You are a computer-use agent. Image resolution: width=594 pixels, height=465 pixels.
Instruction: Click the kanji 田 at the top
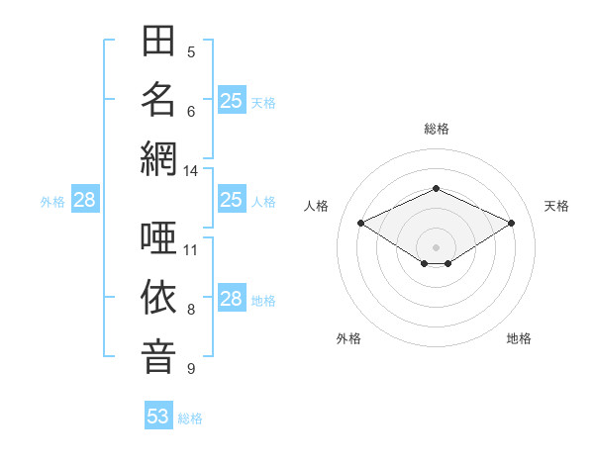pyautogui.click(x=158, y=41)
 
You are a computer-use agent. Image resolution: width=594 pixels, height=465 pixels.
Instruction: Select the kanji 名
pyautogui.click(x=158, y=100)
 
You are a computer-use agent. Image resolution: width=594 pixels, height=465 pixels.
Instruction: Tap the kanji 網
pyautogui.click(x=158, y=158)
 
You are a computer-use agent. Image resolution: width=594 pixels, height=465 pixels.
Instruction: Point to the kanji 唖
pyautogui.click(x=158, y=237)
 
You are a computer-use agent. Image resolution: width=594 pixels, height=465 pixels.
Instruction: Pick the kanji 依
pyautogui.click(x=158, y=297)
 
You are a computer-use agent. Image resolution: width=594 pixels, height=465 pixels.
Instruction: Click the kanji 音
pyautogui.click(x=158, y=357)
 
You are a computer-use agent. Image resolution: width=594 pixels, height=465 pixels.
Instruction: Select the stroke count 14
pyautogui.click(x=190, y=171)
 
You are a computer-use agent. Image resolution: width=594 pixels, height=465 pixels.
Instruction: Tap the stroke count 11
pyautogui.click(x=190, y=250)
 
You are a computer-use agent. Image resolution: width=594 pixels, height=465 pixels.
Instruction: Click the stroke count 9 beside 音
pyautogui.click(x=191, y=368)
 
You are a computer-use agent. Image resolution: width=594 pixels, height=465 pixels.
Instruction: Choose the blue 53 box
pyautogui.click(x=158, y=415)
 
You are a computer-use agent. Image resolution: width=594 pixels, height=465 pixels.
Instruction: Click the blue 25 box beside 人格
pyautogui.click(x=232, y=199)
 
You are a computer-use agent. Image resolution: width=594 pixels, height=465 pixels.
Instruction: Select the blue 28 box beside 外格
pyautogui.click(x=85, y=199)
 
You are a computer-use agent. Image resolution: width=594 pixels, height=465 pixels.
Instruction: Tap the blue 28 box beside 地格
pyautogui.click(x=232, y=297)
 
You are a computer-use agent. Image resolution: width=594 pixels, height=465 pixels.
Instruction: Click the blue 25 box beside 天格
pyautogui.click(x=232, y=100)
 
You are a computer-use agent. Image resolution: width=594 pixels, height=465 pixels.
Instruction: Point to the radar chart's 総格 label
pyautogui.click(x=437, y=129)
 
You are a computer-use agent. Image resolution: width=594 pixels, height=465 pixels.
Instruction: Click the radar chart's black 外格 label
pyautogui.click(x=348, y=338)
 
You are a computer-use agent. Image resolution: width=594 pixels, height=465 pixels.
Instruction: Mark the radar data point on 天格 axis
pyautogui.click(x=511, y=223)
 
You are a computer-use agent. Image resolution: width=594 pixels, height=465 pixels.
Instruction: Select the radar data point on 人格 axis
pyautogui.click(x=361, y=223)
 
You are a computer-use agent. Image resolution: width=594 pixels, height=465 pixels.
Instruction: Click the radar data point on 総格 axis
pyautogui.click(x=436, y=188)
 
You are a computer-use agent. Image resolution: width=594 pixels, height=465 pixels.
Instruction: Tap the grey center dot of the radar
pyautogui.click(x=436, y=247)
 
